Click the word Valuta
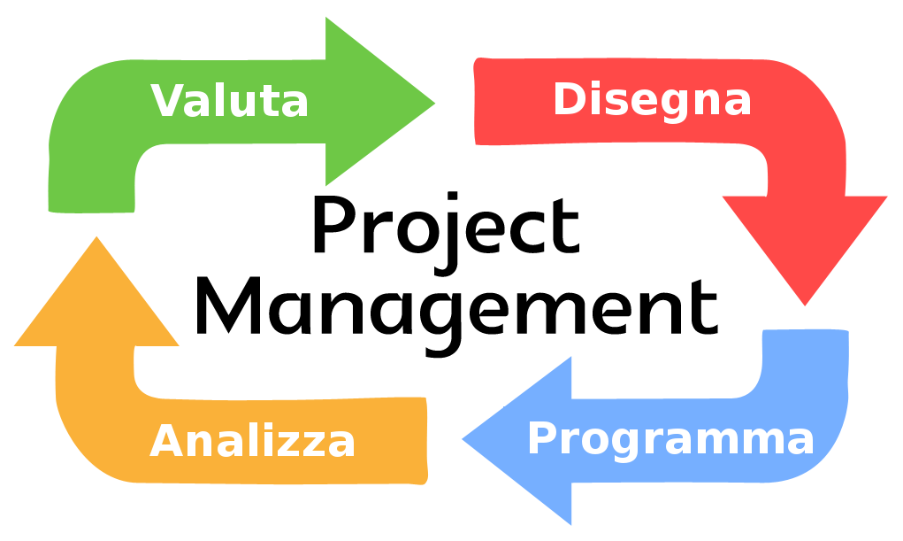coord(229,101)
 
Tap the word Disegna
coord(653,102)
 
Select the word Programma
coord(671,441)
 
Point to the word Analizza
coord(252,441)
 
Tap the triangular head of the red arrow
coord(805,243)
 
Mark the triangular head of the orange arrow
coord(96,300)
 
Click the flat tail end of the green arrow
coord(92,211)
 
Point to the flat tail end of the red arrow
coord(475,101)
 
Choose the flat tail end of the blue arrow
coord(805,331)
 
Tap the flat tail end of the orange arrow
coord(426,441)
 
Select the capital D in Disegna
coord(570,98)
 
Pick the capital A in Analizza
coord(166,440)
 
